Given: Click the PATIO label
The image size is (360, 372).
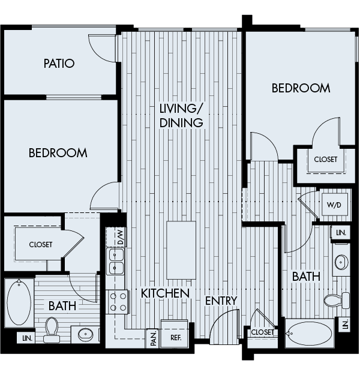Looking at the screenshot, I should point(59,63).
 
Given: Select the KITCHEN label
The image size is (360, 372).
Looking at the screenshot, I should point(166,293).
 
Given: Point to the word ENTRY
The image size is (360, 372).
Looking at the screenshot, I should point(222,300).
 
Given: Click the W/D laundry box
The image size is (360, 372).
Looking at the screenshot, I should point(334,204).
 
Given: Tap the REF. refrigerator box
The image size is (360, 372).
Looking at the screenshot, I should point(176,338).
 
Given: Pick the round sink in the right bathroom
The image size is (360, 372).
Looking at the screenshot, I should point(341,262).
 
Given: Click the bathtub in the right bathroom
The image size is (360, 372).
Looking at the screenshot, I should point(309,333).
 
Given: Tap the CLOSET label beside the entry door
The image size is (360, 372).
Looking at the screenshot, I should point(262,332).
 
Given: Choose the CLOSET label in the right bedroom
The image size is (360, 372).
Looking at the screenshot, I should point(325,159).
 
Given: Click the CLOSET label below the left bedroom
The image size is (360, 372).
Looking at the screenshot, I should point(40,244).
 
